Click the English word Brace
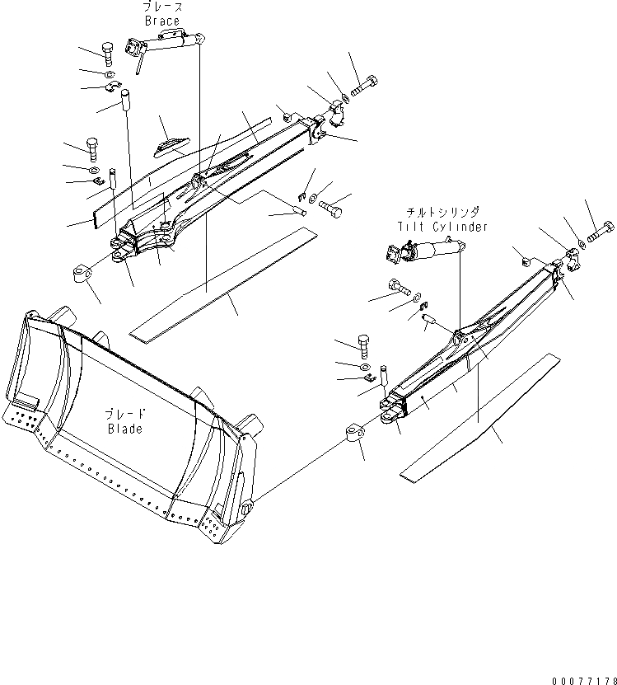[161, 21]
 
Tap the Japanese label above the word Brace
[161, 7]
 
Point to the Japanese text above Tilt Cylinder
[446, 213]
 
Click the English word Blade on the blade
[124, 429]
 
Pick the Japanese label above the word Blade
[124, 415]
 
